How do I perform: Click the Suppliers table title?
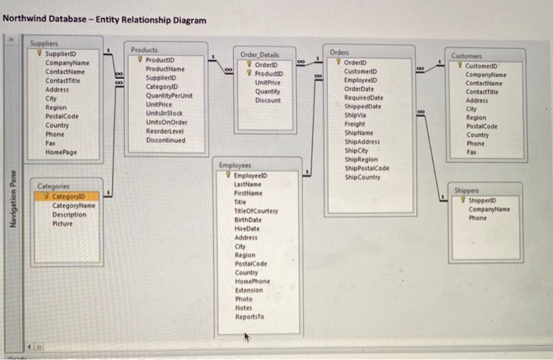pos(44,47)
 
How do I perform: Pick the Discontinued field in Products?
pos(166,140)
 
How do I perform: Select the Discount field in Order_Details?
pos(269,100)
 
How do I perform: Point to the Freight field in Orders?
pos(355,122)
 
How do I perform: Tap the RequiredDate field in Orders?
pos(363,96)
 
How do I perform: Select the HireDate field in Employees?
pos(248,227)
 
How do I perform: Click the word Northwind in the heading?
pos(28,20)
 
